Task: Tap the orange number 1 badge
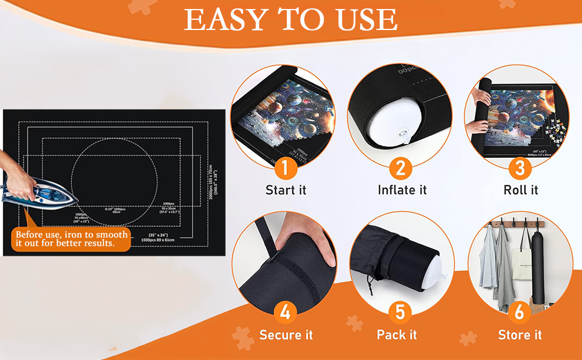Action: (286, 169)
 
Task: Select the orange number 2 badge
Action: (402, 169)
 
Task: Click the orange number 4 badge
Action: (286, 313)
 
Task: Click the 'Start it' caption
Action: (286, 190)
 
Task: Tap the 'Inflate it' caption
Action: (402, 190)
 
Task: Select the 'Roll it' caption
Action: (520, 190)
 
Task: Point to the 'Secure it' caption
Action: (286, 335)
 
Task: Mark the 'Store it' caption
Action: (520, 335)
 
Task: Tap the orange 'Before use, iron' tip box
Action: (71, 239)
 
